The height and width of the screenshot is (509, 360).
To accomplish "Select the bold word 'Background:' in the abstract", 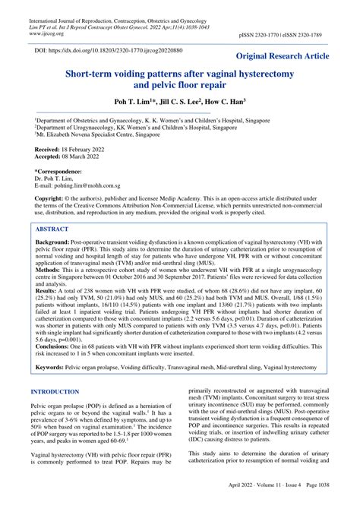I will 54,241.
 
